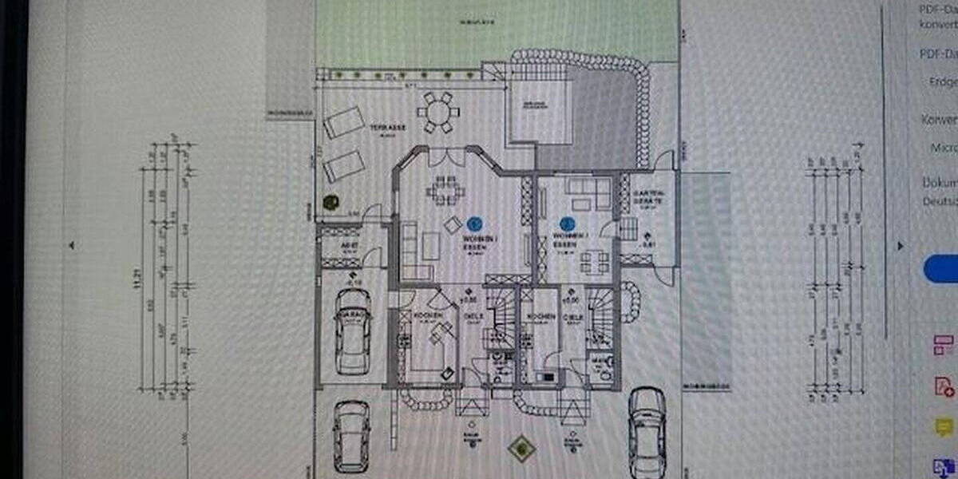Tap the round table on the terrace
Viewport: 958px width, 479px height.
[437, 113]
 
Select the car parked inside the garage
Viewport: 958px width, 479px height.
[352, 331]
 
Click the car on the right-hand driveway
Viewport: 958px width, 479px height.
[647, 431]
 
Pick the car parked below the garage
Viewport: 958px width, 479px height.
[351, 435]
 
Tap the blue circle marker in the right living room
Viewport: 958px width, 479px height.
[567, 225]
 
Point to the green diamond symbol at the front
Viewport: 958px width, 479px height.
[521, 447]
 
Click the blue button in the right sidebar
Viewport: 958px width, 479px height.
[942, 268]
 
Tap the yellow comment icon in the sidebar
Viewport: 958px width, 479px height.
[944, 427]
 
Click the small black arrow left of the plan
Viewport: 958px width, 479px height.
[72, 246]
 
